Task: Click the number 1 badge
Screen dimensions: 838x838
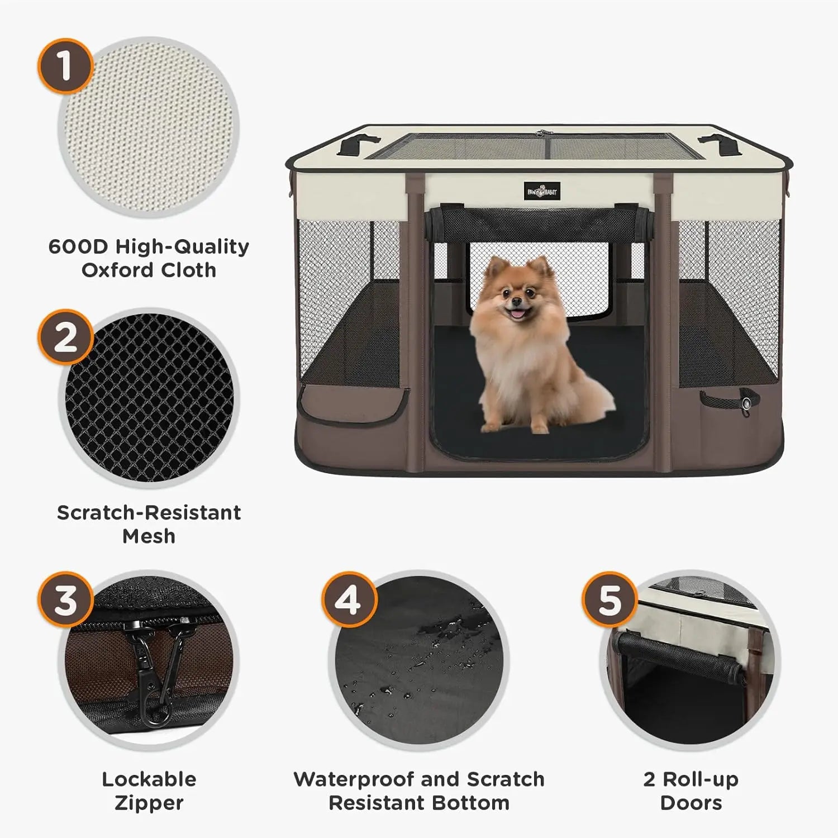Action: click(65, 65)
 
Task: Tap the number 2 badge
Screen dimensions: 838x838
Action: click(65, 337)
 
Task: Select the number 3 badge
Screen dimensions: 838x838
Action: click(65, 599)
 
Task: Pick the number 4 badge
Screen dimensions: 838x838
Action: click(349, 599)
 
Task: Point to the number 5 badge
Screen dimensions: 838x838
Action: click(610, 599)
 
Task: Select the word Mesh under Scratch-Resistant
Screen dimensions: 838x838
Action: click(149, 536)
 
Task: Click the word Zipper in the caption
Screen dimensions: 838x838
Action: click(149, 803)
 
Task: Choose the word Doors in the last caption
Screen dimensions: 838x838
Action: click(691, 803)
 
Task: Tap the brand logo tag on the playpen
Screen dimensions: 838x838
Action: click(541, 191)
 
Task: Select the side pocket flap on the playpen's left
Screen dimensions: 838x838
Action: click(353, 404)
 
